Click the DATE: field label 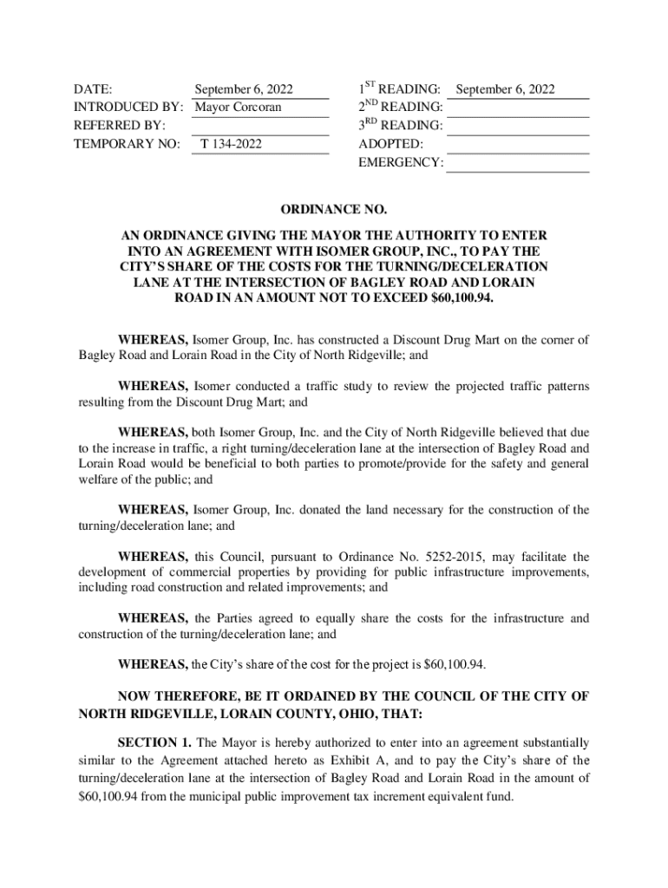(94, 89)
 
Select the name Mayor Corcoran (239, 108)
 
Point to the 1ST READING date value (505, 89)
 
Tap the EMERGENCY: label (401, 162)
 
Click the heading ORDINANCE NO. (334, 210)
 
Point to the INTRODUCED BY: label (128, 108)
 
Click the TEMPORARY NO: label (127, 144)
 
